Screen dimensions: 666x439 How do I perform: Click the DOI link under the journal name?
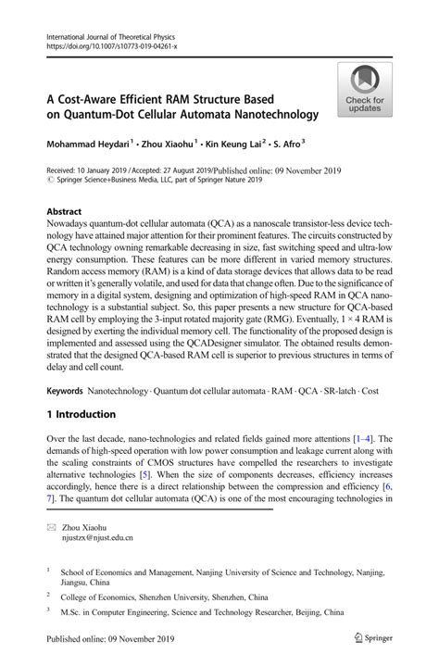(x=109, y=45)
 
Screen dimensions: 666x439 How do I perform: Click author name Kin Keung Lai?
(x=232, y=145)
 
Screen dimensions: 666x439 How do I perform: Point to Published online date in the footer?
(x=101, y=638)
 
